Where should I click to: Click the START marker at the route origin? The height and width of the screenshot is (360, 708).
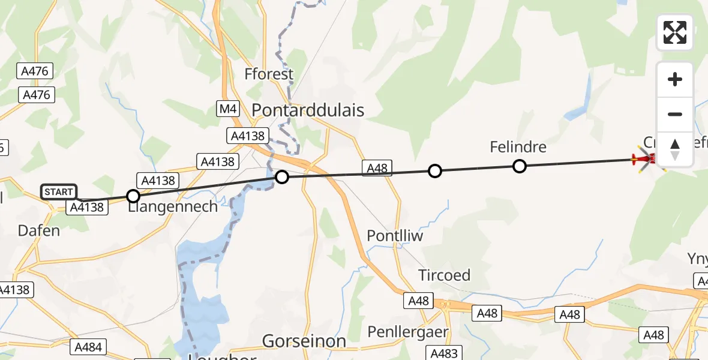tap(59, 192)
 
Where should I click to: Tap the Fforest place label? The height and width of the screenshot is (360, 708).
tap(269, 74)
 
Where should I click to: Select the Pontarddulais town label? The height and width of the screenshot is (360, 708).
tap(308, 110)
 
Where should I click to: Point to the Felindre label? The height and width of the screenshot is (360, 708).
tap(518, 147)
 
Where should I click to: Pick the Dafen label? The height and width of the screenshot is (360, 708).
tap(38, 230)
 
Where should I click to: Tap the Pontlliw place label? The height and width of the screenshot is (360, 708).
tap(395, 236)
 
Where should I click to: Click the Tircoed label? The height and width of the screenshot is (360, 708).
tap(444, 275)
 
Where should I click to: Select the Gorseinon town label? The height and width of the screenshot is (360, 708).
tap(304, 341)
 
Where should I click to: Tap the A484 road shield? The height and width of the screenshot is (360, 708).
tap(88, 346)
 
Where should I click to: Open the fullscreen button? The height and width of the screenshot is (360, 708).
tap(675, 32)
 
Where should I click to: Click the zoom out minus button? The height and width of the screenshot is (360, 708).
tap(675, 114)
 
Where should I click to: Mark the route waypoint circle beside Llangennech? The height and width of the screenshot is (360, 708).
tap(133, 196)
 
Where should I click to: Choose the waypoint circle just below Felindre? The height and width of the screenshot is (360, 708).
tap(520, 166)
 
